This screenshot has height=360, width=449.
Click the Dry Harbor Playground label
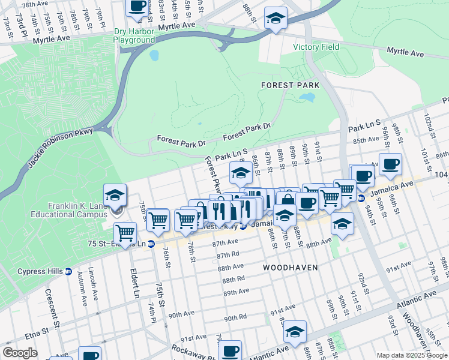(x=134, y=35)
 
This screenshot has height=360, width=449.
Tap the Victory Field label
(x=316, y=47)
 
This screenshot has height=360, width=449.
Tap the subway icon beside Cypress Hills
(x=68, y=271)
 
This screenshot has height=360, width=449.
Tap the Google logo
(x=20, y=352)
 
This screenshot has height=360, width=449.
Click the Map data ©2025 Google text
(x=412, y=355)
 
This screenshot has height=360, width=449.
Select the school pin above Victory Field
(x=276, y=17)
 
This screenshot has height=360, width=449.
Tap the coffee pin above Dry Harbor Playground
(x=137, y=6)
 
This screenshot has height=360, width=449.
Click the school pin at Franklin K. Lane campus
(x=115, y=194)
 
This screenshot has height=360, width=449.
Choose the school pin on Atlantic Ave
(x=295, y=331)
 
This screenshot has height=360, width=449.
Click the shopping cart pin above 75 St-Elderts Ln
(x=125, y=232)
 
